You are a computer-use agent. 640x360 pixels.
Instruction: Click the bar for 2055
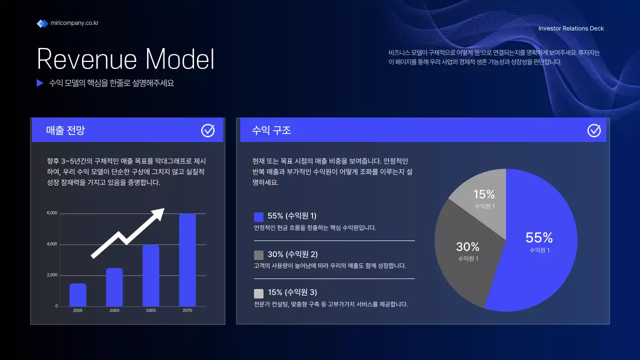[77, 295]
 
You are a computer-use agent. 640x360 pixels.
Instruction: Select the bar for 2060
[114, 287]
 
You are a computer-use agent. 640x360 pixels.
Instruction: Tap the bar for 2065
[150, 275]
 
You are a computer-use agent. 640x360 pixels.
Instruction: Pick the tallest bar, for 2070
[187, 260]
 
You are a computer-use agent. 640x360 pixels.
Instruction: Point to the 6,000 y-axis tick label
[52, 213]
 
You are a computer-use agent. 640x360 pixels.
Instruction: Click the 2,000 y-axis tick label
[52, 275]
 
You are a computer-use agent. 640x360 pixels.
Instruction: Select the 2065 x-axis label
[150, 310]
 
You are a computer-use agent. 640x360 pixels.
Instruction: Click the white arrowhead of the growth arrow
[158, 214]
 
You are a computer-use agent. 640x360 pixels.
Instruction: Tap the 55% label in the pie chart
[539, 237]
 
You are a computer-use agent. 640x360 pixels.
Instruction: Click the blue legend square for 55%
[258, 217]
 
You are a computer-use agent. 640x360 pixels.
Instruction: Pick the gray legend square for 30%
[258, 255]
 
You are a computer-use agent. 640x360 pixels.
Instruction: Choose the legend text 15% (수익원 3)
[292, 292]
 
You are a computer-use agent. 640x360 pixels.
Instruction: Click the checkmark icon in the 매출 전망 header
[208, 130]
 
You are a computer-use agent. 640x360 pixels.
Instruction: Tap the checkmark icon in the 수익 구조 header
[594, 130]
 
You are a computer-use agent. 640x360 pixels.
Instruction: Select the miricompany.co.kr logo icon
[42, 23]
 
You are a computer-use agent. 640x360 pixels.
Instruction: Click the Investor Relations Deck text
[571, 28]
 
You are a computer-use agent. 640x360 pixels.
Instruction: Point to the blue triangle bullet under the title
[40, 83]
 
